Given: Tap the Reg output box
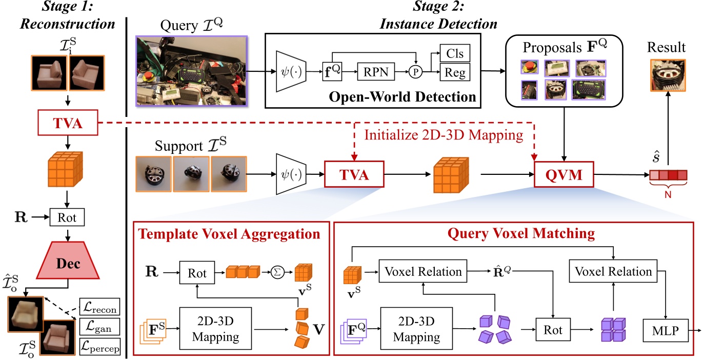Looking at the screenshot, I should pos(455,73).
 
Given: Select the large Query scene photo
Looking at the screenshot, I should pos(192,71).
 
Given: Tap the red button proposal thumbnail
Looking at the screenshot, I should pos(529,68).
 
